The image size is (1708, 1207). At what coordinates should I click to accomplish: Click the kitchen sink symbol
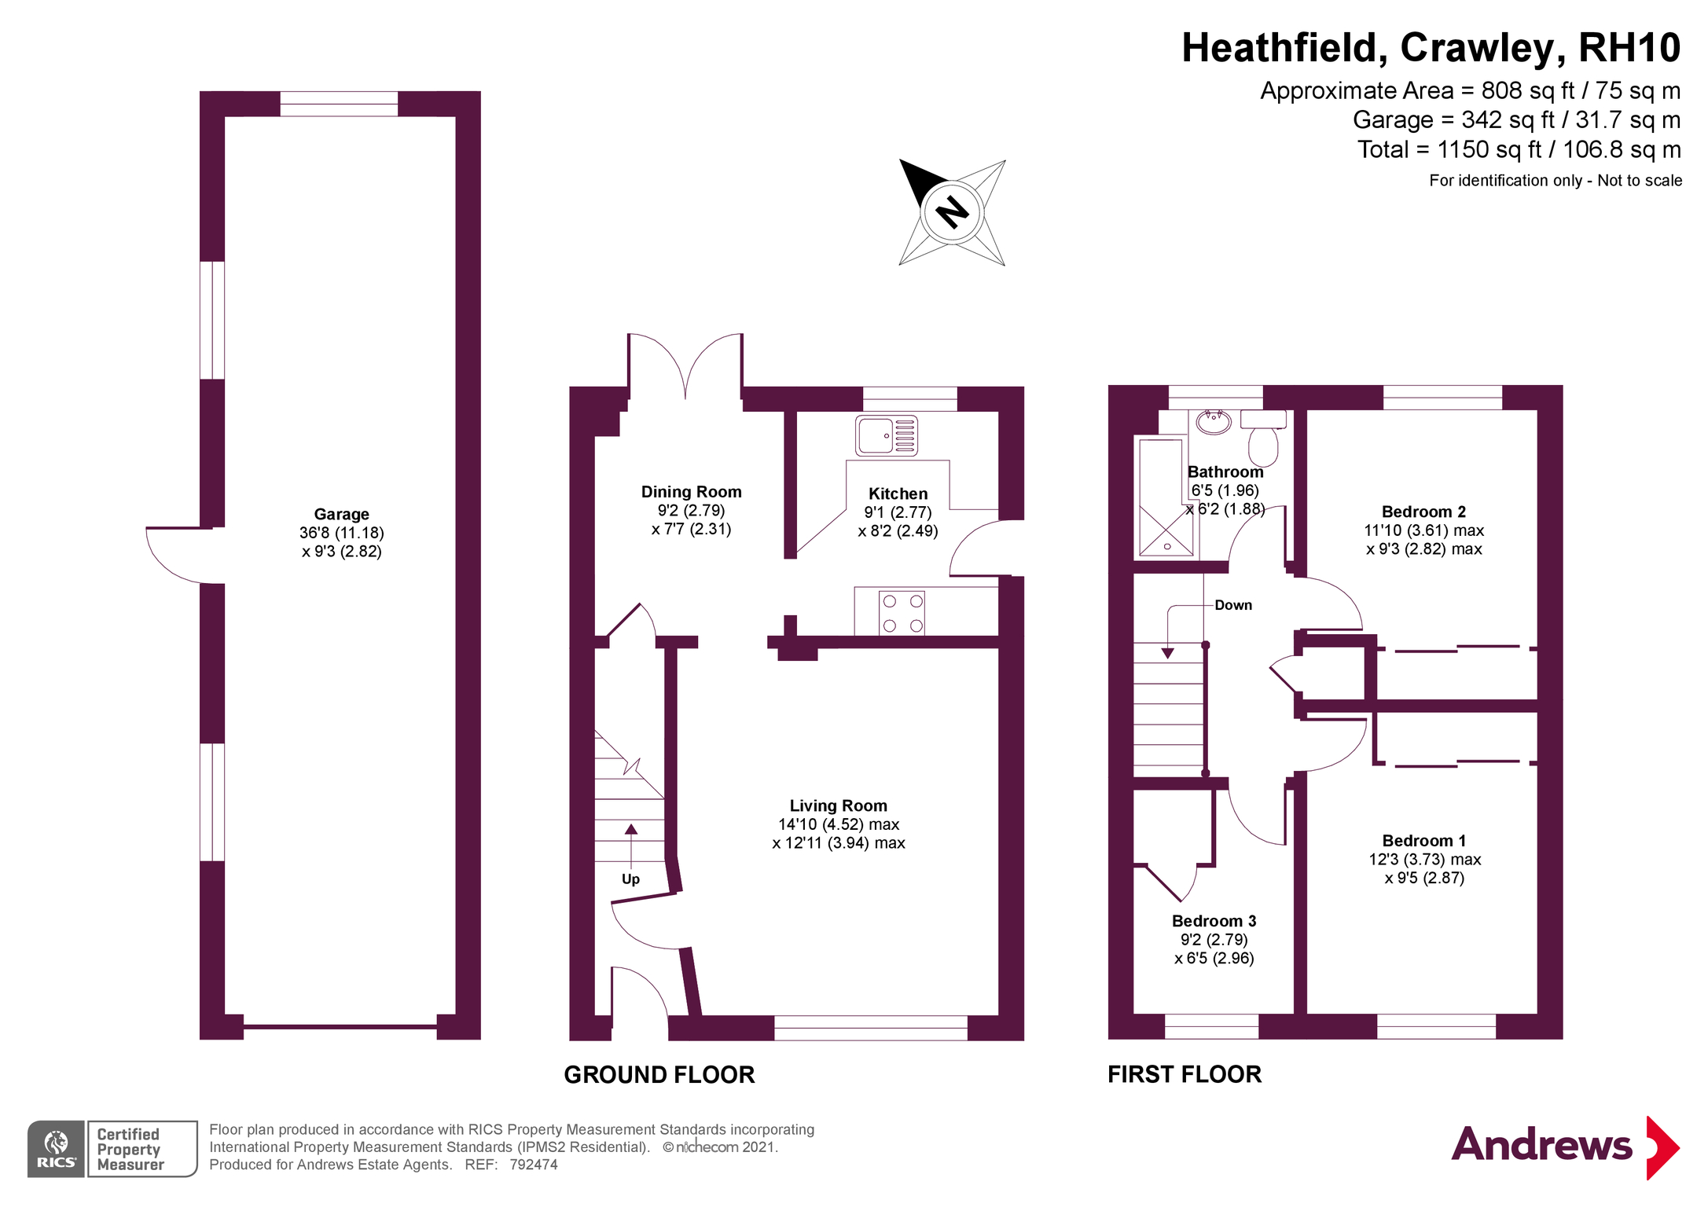(886, 435)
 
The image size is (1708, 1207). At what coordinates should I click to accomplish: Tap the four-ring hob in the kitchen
(902, 613)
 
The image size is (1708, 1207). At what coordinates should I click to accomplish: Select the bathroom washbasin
(1214, 423)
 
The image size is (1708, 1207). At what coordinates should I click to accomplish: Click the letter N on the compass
(952, 211)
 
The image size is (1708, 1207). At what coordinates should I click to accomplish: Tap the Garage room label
(341, 515)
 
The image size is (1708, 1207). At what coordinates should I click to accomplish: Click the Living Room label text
(838, 805)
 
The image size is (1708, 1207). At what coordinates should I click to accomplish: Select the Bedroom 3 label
(1214, 921)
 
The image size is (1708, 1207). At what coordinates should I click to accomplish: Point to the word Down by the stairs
(1232, 605)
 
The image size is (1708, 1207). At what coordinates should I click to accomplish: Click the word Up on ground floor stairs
(630, 879)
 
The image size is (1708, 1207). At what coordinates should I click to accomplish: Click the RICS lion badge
(57, 1148)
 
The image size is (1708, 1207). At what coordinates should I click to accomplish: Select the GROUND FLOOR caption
(659, 1074)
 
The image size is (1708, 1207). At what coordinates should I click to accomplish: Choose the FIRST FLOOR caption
(1184, 1074)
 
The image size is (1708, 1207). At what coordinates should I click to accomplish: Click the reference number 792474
(534, 1165)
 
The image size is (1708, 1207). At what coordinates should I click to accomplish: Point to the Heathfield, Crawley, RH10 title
(1431, 48)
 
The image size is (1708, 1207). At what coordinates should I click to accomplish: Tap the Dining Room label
(691, 492)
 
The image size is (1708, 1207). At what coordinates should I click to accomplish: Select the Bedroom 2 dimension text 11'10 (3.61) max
(1423, 530)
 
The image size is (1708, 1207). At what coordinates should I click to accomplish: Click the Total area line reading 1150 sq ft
(1519, 149)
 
